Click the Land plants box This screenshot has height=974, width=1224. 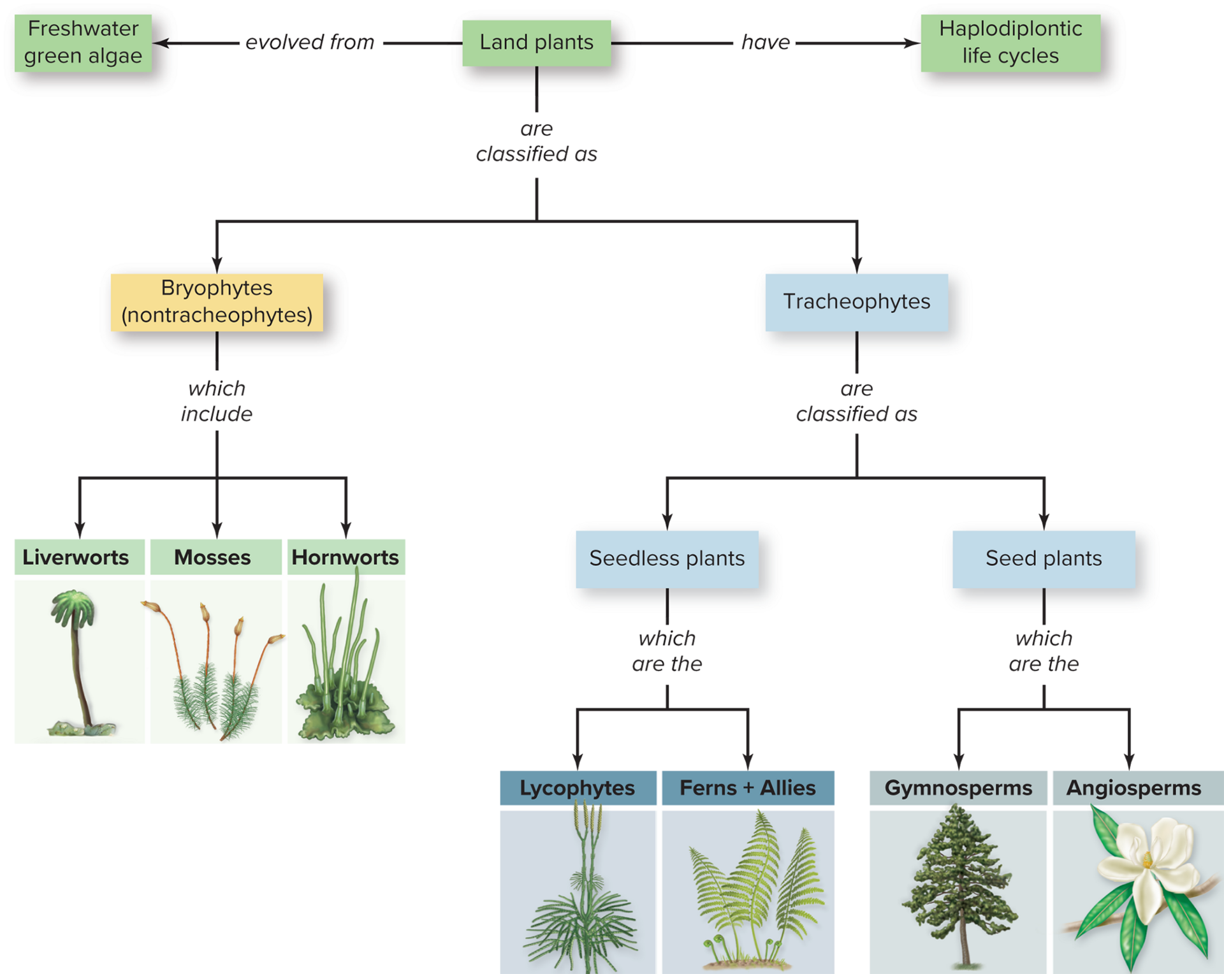tap(536, 43)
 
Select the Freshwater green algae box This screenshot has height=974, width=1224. tap(83, 43)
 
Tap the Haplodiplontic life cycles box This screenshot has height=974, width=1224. tap(1010, 43)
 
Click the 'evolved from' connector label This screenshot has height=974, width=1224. tap(310, 42)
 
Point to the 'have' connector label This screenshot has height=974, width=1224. tap(764, 42)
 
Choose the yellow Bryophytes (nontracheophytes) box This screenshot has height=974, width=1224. tap(217, 302)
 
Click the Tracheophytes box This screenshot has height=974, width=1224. tap(856, 302)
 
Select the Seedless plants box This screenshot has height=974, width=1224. tap(667, 559)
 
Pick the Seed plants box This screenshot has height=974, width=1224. tap(1044, 559)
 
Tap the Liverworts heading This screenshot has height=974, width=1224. tap(76, 557)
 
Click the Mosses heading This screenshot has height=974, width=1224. tap(212, 557)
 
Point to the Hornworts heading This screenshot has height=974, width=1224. tap(345, 557)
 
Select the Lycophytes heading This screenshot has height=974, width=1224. tap(577, 788)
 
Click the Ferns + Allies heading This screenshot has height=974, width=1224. tap(747, 788)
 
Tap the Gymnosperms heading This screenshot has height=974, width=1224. tap(958, 788)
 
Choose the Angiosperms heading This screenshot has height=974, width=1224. tap(1133, 788)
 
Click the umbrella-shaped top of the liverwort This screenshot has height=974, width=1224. tap(73, 606)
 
